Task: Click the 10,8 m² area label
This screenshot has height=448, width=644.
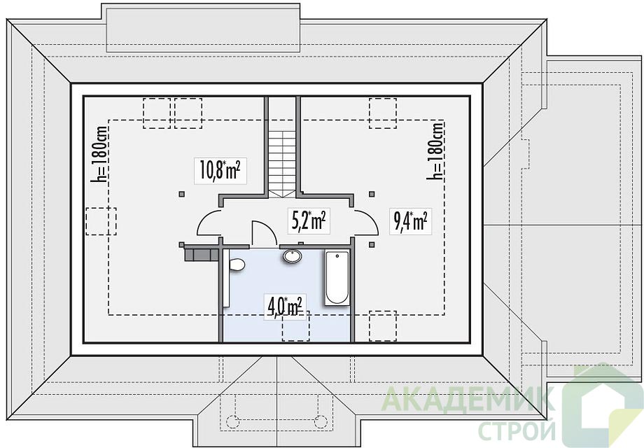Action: click(220, 170)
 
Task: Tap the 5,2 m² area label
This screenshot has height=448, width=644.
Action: click(309, 221)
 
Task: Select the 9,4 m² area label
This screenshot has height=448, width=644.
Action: click(410, 222)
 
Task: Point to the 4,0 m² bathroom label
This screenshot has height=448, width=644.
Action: click(285, 307)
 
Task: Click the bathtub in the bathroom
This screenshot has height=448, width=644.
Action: click(337, 278)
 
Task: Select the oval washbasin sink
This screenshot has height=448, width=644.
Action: click(293, 255)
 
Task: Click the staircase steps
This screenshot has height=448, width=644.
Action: click(282, 163)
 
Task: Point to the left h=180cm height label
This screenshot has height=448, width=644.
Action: click(101, 153)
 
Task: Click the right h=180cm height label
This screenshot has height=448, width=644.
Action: click(436, 150)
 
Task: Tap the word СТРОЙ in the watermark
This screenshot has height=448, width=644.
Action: click(517, 430)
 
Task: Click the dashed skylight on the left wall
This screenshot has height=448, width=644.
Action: click(101, 221)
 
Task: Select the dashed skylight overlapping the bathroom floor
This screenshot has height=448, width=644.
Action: click(295, 326)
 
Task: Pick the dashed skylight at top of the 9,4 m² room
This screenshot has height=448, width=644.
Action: click(383, 113)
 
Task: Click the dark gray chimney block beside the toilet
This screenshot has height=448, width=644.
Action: click(200, 253)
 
